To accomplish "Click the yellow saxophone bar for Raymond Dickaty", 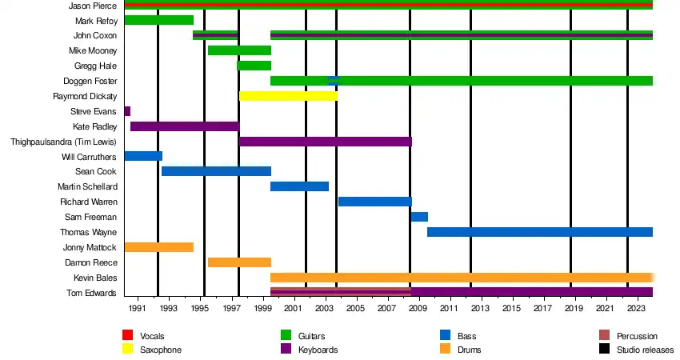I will [288, 96].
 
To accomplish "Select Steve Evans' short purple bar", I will [127, 111].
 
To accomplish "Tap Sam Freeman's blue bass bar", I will [419, 217].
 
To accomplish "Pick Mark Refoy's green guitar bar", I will [158, 20].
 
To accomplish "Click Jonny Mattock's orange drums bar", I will [158, 247].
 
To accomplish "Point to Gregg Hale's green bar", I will [254, 66].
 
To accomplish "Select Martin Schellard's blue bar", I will [299, 186].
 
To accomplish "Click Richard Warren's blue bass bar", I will [374, 202].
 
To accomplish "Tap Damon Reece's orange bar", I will [239, 262].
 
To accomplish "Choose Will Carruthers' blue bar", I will [143, 156].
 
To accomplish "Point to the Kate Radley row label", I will [95, 126].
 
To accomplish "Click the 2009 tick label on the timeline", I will [418, 308].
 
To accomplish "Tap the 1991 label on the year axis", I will [137, 308].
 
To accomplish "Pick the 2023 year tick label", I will [636, 308].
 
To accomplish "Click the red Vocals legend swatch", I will [127, 336].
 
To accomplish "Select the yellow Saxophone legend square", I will [127, 350].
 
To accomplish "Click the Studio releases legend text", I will [645, 350].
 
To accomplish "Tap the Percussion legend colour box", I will [605, 336].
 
